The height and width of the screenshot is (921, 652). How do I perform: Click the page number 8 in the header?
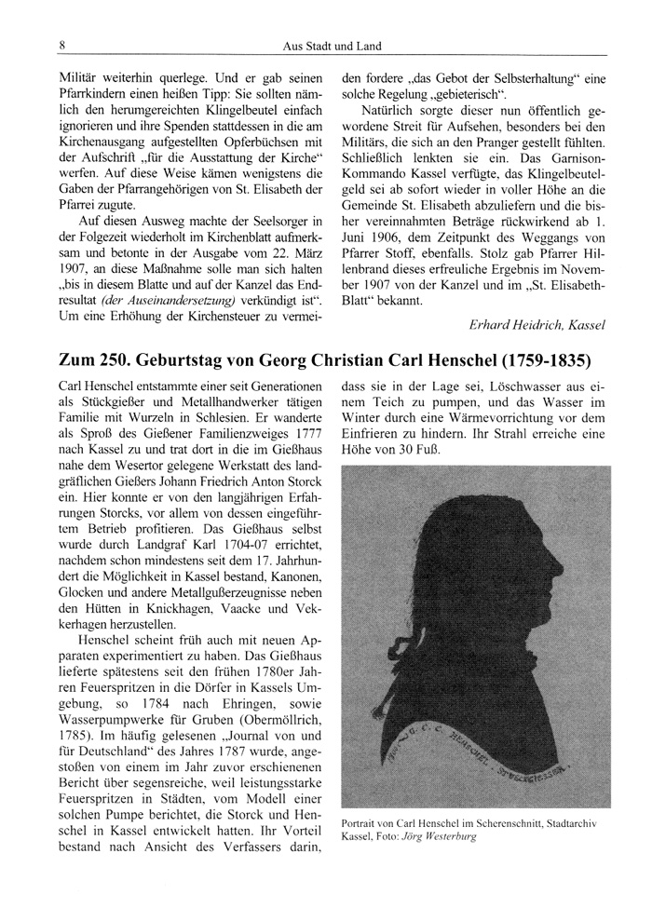(61, 45)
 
